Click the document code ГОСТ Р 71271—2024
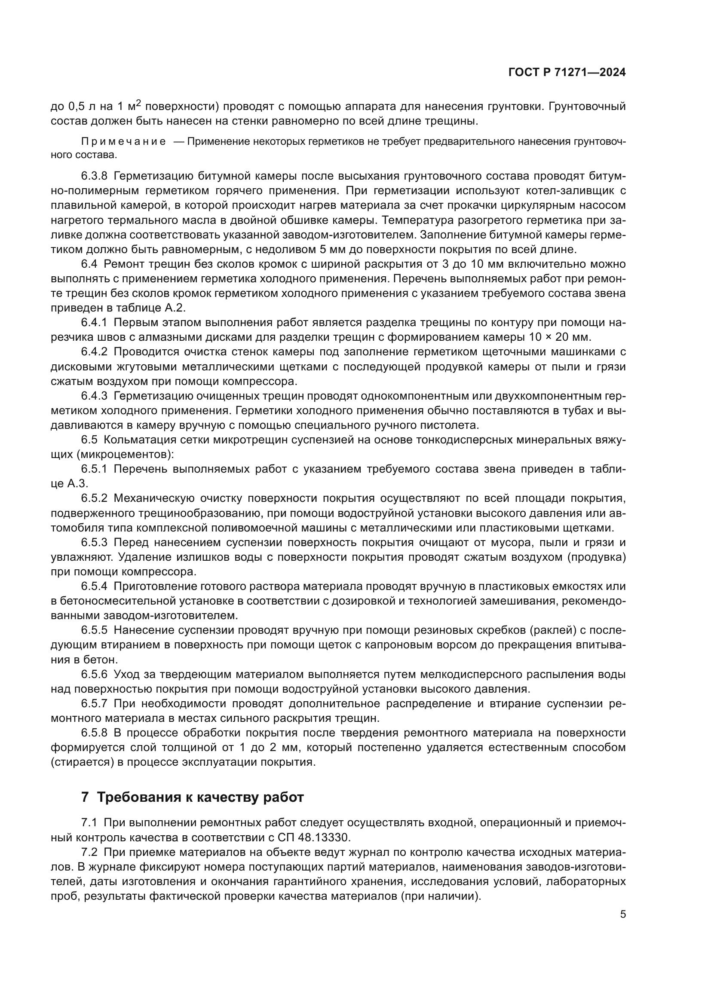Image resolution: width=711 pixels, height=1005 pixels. (x=567, y=73)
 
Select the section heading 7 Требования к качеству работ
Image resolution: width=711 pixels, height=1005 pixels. (x=192, y=797)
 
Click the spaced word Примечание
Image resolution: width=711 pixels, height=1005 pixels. (x=123, y=141)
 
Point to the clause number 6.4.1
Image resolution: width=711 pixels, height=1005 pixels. (x=94, y=323)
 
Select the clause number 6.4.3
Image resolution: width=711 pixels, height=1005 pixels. (x=94, y=396)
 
